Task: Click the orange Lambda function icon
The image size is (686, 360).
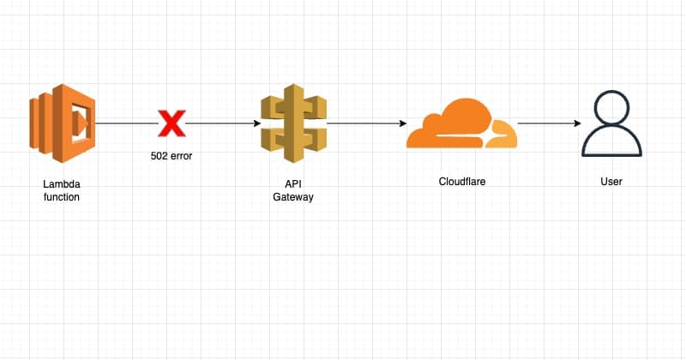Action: (61, 123)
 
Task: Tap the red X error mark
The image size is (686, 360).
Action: (171, 124)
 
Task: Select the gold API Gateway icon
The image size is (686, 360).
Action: (293, 124)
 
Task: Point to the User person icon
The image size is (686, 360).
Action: (611, 124)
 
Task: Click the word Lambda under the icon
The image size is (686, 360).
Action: (60, 184)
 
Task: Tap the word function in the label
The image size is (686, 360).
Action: (60, 197)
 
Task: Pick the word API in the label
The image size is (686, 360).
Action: (293, 183)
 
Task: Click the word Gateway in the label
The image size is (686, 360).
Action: (293, 197)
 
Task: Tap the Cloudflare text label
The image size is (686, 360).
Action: (462, 182)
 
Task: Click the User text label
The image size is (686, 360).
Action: (611, 182)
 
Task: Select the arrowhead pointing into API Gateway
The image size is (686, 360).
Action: (256, 124)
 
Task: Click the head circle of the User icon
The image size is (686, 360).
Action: (611, 107)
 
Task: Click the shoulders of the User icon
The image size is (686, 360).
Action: (611, 144)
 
